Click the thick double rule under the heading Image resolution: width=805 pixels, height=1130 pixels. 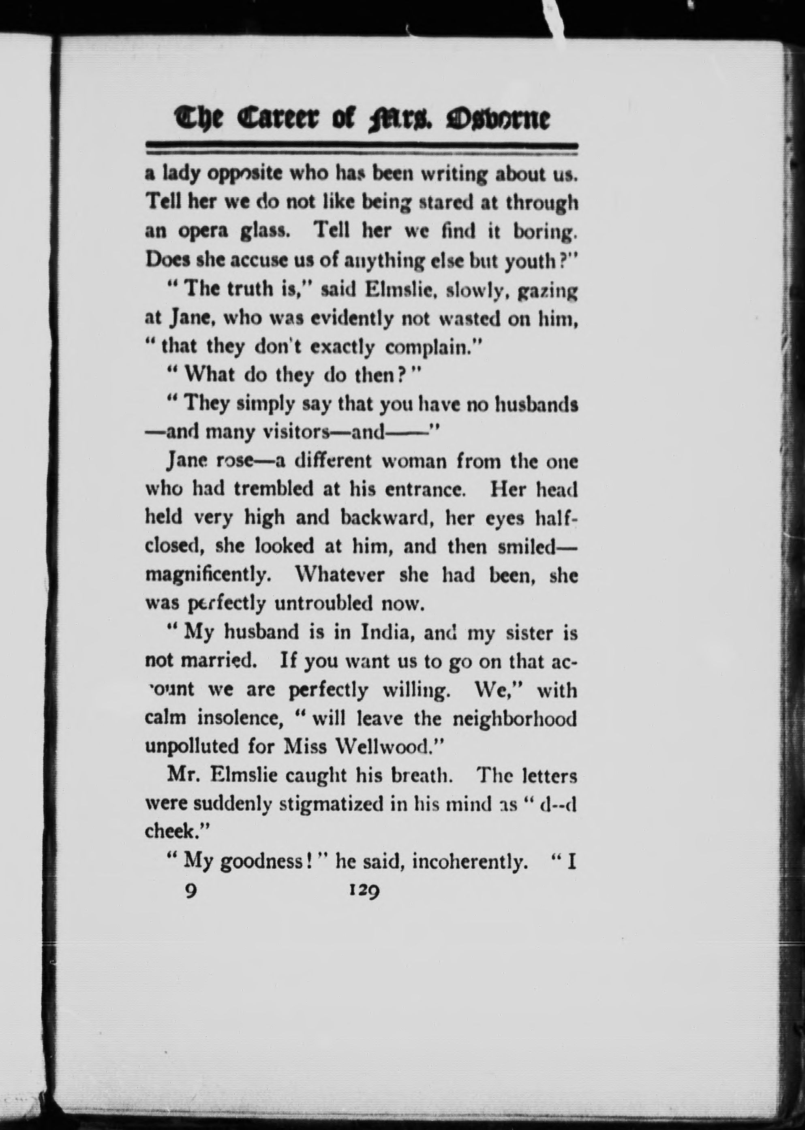[362, 147]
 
